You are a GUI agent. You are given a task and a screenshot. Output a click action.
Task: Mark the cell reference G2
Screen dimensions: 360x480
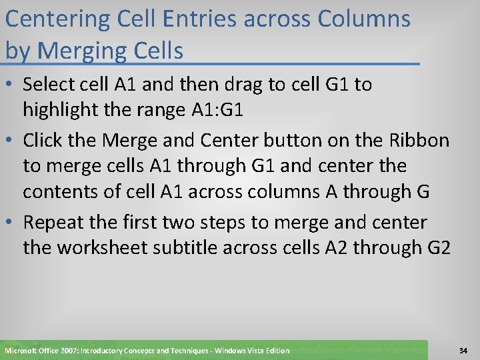pyautogui.click(x=437, y=247)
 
